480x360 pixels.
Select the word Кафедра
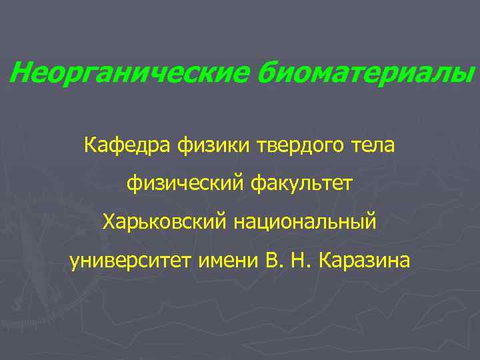click(128, 143)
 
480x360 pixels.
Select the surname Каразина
click(365, 259)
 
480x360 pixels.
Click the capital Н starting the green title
click(19, 72)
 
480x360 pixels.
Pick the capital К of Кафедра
click(91, 143)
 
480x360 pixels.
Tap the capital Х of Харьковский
click(109, 221)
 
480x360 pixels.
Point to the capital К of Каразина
click(325, 259)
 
